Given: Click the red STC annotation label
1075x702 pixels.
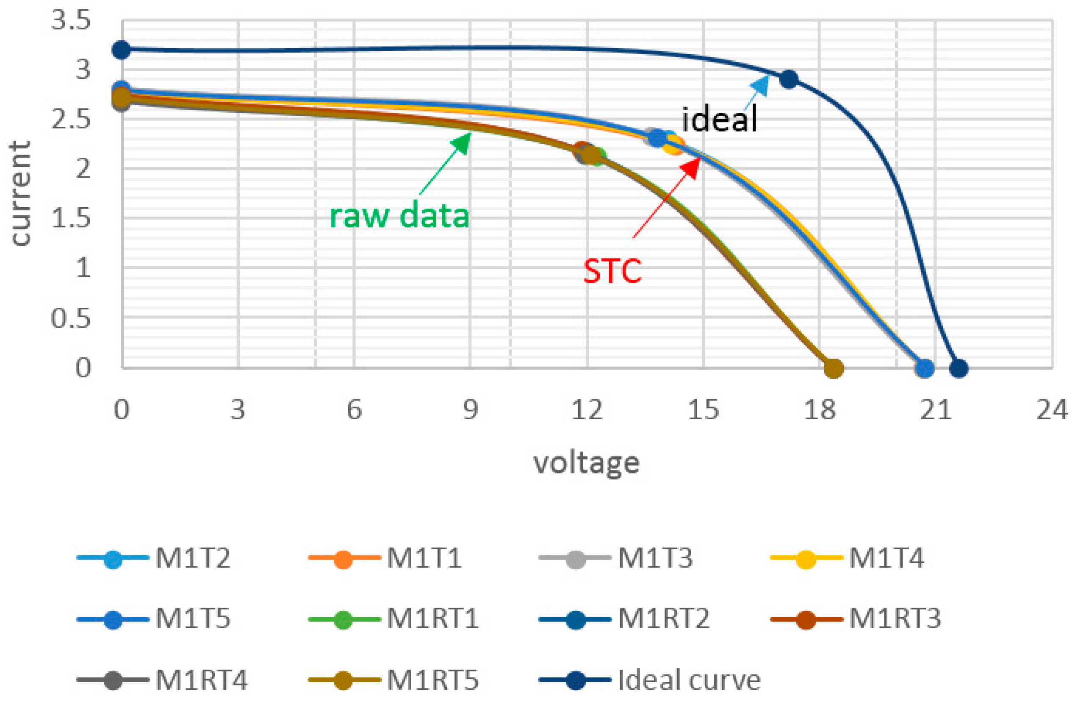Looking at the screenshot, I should tap(612, 271).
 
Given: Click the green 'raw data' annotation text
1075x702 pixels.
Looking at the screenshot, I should tap(399, 216).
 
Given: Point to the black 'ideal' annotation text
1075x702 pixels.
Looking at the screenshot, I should tap(719, 120).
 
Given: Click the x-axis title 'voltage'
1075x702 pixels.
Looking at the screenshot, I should tap(586, 463).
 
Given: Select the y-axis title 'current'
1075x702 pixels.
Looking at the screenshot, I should tap(20, 193).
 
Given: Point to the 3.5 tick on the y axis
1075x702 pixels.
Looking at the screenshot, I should tap(71, 21).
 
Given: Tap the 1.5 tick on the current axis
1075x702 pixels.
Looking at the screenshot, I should tap(71, 219).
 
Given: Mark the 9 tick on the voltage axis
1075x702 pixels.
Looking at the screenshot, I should tap(470, 410).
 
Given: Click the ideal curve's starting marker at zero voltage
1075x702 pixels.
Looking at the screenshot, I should tap(121, 49).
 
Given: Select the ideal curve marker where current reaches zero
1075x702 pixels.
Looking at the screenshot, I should tap(959, 368).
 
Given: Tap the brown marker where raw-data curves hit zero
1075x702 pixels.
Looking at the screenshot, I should tap(833, 368).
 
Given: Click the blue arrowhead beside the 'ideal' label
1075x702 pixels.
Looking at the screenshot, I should tap(762, 84).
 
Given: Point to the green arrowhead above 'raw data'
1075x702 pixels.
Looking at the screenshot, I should tap(463, 141).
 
